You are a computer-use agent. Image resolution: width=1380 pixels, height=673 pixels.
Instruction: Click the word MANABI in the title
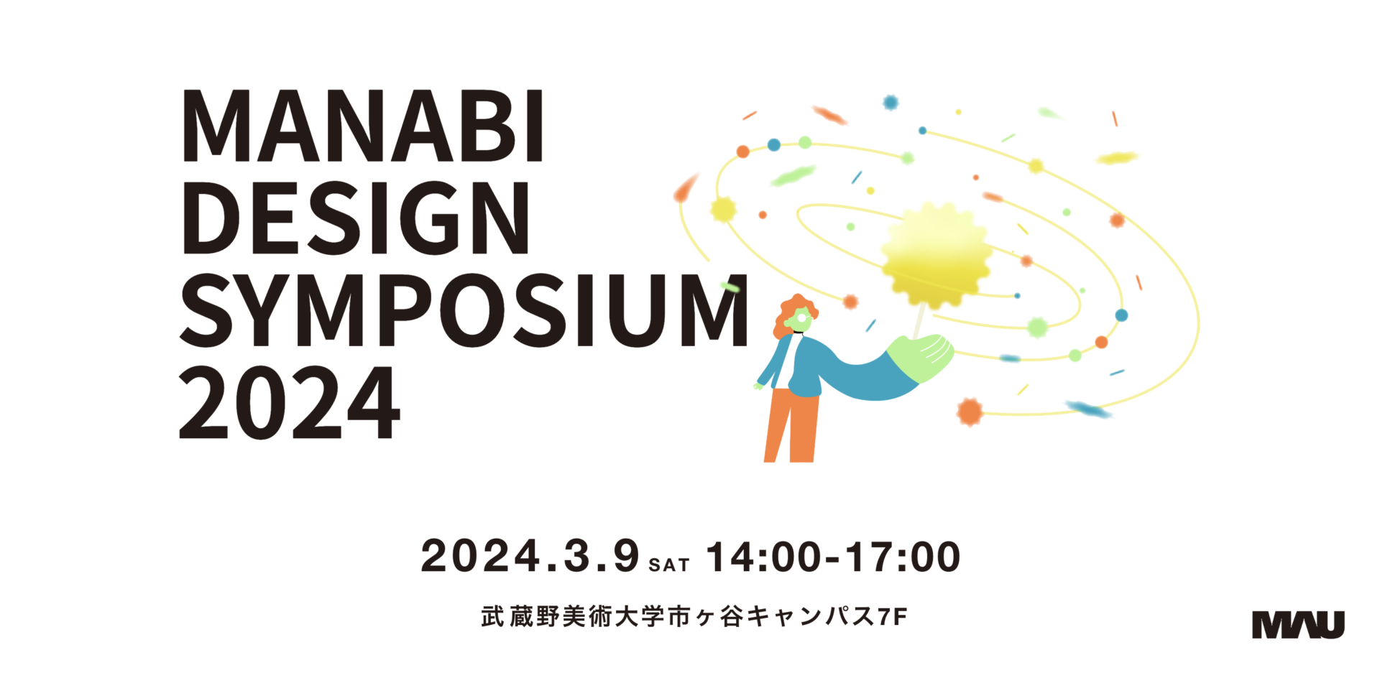click(x=363, y=126)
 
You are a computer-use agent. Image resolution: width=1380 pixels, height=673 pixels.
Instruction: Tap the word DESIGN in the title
click(x=356, y=218)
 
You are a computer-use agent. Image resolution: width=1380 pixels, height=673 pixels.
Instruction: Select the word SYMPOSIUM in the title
click(x=464, y=310)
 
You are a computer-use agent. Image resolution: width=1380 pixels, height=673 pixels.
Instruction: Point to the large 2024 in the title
click(x=289, y=402)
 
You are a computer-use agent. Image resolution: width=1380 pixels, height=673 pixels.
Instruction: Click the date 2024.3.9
click(x=530, y=556)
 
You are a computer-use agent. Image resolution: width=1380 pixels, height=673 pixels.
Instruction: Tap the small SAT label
click(x=669, y=565)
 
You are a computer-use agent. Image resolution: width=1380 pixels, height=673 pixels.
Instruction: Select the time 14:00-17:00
click(x=833, y=557)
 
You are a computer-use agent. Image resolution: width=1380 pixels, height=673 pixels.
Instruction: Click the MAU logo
click(x=1298, y=624)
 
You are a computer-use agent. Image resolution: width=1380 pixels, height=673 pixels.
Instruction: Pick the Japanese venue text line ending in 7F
click(x=694, y=616)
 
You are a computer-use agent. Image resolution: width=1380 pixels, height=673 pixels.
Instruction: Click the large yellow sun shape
click(x=935, y=255)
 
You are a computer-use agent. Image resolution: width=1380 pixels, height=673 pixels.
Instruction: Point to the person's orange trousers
click(x=791, y=425)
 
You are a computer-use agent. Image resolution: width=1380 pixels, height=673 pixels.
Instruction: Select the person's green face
click(x=800, y=320)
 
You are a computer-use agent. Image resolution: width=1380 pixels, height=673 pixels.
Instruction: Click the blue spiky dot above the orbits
click(x=891, y=103)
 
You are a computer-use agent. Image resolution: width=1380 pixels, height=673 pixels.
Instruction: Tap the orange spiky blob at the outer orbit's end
click(x=970, y=412)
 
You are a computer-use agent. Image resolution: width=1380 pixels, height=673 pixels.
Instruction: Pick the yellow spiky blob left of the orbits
click(x=723, y=210)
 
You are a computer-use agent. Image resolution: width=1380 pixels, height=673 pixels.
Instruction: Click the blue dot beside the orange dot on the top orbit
click(x=774, y=145)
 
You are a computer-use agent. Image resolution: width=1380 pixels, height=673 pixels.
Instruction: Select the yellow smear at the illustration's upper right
click(x=1117, y=157)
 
